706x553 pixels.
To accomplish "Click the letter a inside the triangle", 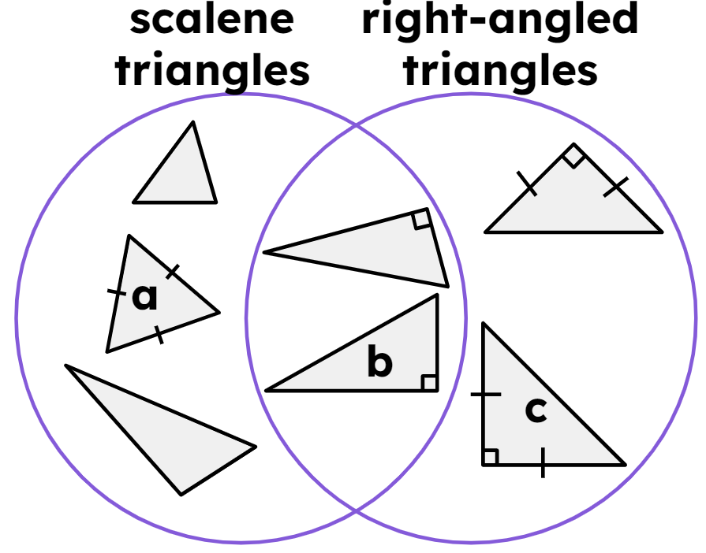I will click(145, 298).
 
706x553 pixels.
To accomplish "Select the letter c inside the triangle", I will click(536, 410).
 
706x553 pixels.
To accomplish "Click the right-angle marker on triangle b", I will click(429, 383).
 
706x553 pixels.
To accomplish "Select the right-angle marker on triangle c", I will click(490, 457).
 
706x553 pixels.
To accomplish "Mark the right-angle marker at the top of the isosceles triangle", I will click(574, 156).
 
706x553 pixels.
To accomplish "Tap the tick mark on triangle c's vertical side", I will click(484, 394).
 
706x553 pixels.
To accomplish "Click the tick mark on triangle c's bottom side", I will click(543, 464).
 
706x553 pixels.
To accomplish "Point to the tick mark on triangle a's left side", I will click(117, 292).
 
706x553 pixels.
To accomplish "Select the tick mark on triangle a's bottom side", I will click(159, 335).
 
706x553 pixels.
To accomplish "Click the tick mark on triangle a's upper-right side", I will click(174, 273).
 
